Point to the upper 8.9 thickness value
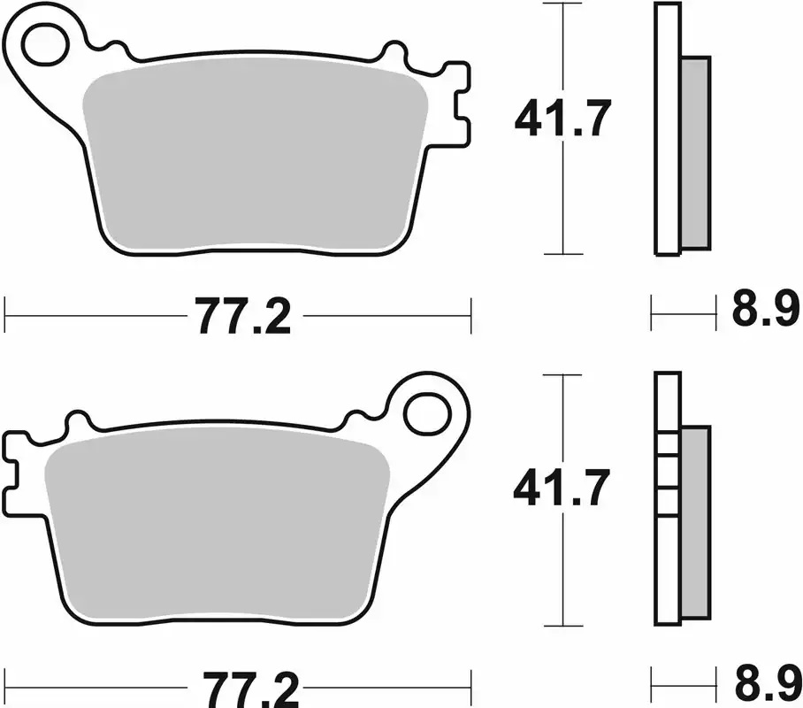pos(764,312)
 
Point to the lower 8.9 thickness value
pos(764,683)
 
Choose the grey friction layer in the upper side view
pos(697,150)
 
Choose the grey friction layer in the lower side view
pos(696,522)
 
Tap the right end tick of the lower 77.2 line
pos(470,683)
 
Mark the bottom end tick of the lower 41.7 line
pos(562,625)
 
